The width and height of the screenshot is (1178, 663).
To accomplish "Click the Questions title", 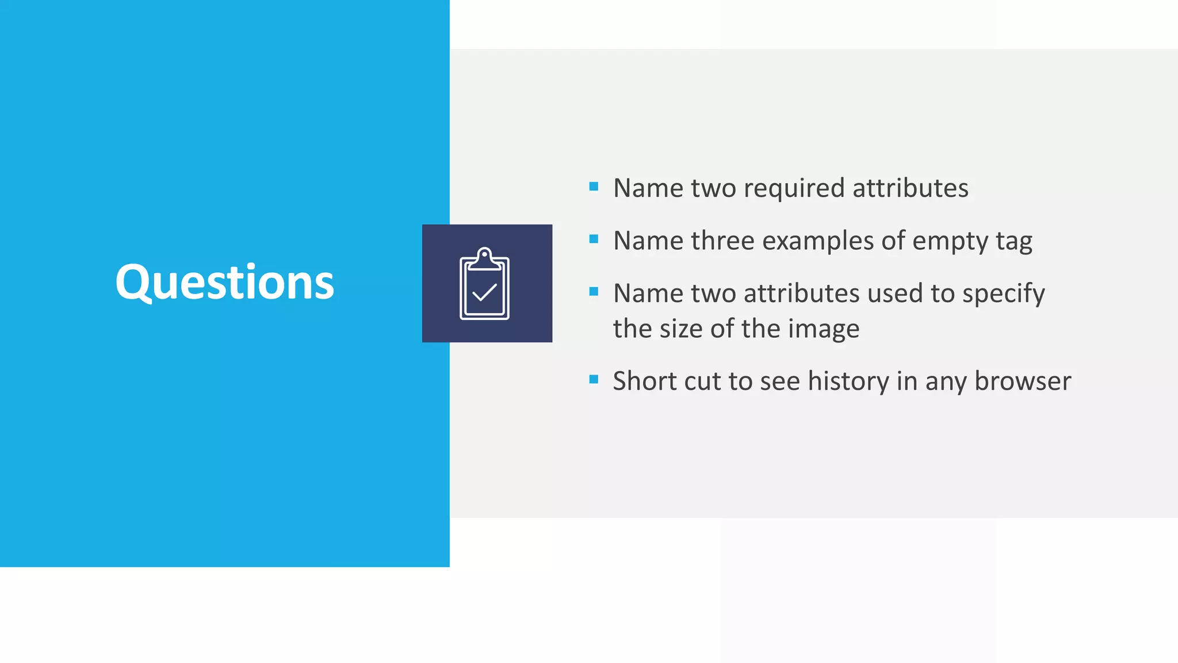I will [x=224, y=282].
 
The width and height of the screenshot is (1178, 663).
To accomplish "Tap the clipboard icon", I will [x=484, y=284].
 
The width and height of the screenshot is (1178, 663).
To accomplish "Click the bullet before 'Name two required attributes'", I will [x=594, y=186].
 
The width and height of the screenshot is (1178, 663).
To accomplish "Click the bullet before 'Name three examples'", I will [x=594, y=239].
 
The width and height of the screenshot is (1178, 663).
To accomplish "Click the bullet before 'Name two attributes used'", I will [x=594, y=292].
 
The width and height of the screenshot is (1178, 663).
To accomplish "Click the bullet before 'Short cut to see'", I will [x=594, y=379].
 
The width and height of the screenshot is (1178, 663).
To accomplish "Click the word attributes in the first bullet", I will [x=910, y=189].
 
